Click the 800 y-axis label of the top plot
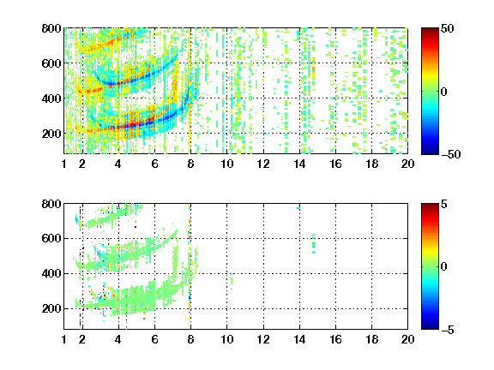(x=51, y=28)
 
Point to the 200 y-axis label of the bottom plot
(x=51, y=308)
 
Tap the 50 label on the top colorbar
(x=447, y=28)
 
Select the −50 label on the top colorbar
(x=450, y=154)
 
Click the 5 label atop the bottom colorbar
(x=444, y=204)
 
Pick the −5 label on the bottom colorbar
(x=448, y=330)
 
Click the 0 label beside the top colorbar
(x=444, y=92)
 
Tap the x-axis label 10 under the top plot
(x=226, y=164)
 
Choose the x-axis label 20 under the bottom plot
(x=407, y=339)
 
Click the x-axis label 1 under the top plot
(x=64, y=164)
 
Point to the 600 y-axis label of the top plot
(x=51, y=63)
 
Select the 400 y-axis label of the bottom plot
(x=51, y=273)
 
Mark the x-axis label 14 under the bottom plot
(x=299, y=339)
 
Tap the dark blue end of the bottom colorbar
(x=430, y=327)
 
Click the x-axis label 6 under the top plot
(x=154, y=164)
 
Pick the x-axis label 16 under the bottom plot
(x=335, y=339)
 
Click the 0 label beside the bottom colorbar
(x=444, y=267)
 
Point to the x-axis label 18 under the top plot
(x=371, y=164)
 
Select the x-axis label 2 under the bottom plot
(x=82, y=339)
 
